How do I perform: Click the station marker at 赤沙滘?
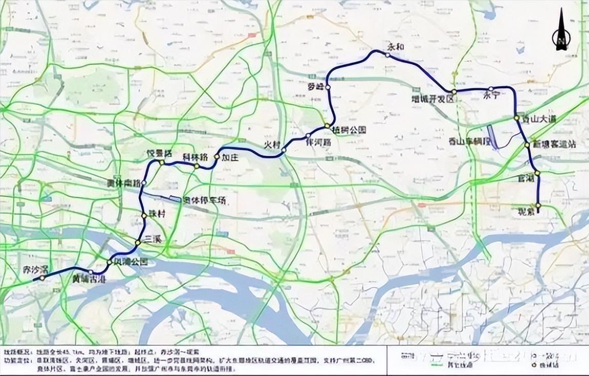click(x=42, y=278)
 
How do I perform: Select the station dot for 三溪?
click(x=137, y=242)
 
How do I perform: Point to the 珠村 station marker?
click(x=144, y=216)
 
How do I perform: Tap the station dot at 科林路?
click(x=197, y=166)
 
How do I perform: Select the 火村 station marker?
click(x=284, y=150)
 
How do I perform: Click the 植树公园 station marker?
click(x=327, y=126)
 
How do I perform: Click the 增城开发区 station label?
click(x=433, y=99)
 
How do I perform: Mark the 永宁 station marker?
click(x=490, y=89)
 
